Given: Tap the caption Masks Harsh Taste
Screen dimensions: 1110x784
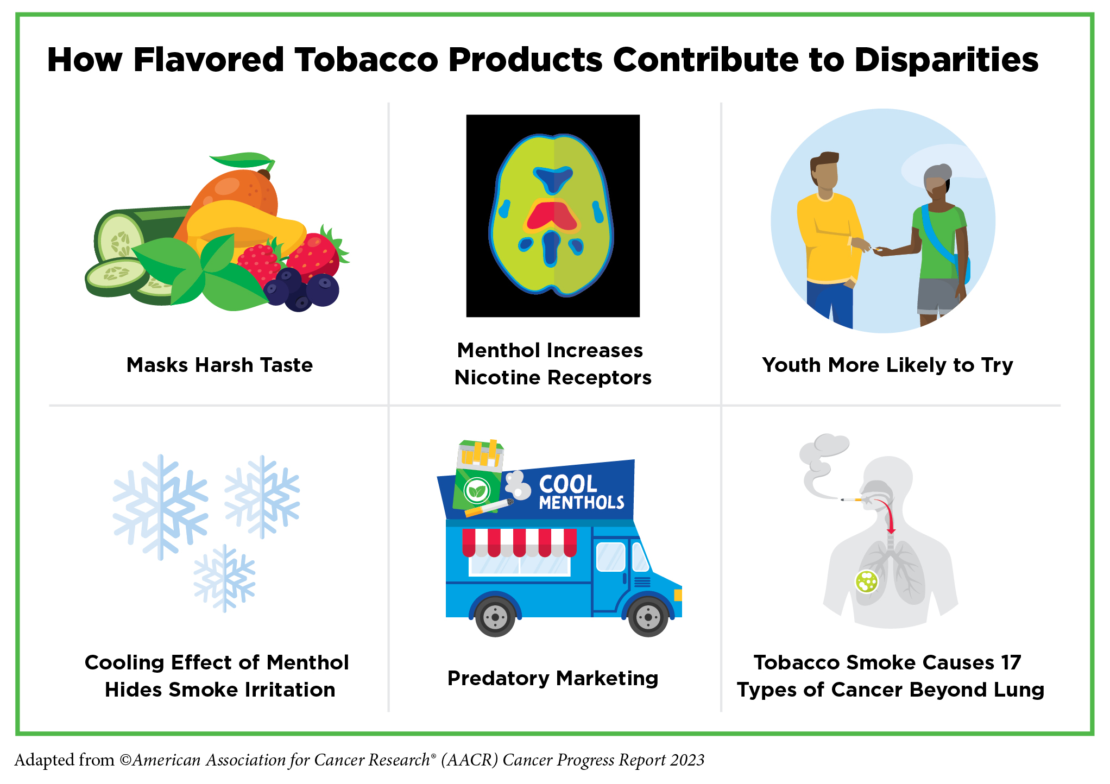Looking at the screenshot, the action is pyautogui.click(x=219, y=365).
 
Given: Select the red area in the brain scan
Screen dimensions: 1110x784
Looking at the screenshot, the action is pyautogui.click(x=552, y=216).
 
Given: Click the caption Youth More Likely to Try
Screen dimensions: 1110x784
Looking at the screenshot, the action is pyautogui.click(x=887, y=365).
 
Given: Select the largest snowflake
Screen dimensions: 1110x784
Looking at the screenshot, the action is pyautogui.click(x=160, y=507).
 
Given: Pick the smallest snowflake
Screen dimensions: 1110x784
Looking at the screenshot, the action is pyautogui.click(x=224, y=578).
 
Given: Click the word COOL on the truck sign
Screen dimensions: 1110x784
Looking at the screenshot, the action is pyautogui.click(x=568, y=484).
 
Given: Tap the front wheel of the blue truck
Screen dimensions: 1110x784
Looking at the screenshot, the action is pyautogui.click(x=648, y=617).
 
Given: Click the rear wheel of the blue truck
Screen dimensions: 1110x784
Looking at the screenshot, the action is pyautogui.click(x=495, y=617).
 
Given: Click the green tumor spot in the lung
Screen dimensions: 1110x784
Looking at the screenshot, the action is pyautogui.click(x=867, y=581).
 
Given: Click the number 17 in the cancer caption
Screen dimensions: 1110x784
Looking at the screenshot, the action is pyautogui.click(x=1011, y=662).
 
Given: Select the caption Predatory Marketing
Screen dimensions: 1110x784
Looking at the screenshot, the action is pyautogui.click(x=552, y=679).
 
